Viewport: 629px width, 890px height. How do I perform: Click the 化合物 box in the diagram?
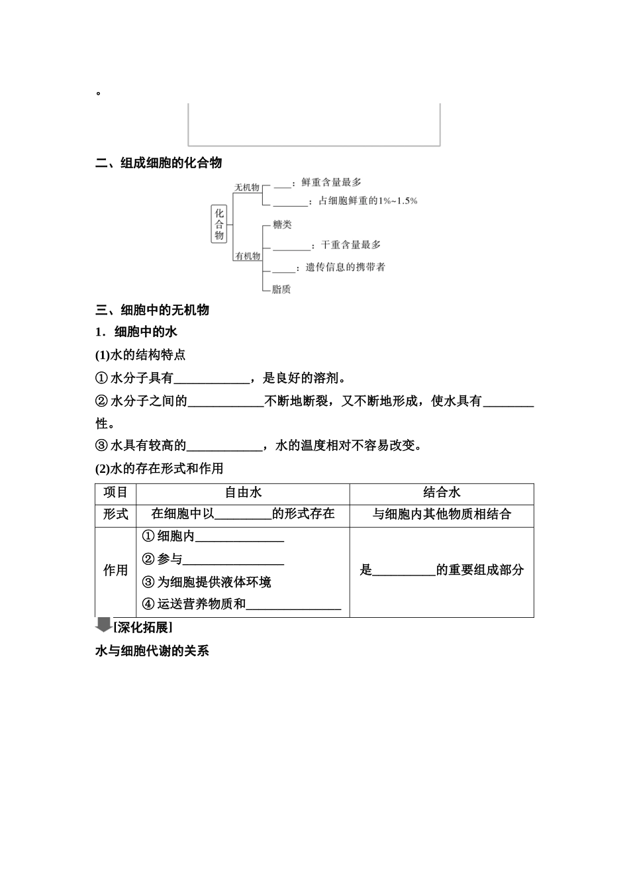(x=219, y=224)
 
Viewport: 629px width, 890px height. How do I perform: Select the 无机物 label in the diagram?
(x=247, y=187)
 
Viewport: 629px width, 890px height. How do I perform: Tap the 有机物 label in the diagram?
(x=248, y=256)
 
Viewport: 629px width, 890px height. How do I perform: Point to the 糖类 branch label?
(x=282, y=224)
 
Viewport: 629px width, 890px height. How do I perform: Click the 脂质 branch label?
(x=281, y=289)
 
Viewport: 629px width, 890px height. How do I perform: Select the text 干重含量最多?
(x=351, y=244)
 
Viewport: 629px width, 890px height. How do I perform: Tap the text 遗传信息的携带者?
(x=345, y=267)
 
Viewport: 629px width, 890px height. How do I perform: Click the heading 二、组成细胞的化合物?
(x=159, y=163)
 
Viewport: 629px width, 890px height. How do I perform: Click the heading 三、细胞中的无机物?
(x=153, y=310)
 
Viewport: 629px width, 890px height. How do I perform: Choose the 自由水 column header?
(x=243, y=492)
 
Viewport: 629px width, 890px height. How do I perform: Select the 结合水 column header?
(x=442, y=492)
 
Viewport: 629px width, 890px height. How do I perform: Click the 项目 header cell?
(x=116, y=492)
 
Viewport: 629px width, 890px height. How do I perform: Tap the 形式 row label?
(x=116, y=514)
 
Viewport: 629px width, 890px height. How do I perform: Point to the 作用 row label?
(x=116, y=570)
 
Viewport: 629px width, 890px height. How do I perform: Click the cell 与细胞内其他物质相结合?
(x=442, y=514)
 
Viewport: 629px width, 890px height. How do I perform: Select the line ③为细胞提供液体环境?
(x=207, y=582)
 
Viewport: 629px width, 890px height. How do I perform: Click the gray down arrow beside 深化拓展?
(x=104, y=624)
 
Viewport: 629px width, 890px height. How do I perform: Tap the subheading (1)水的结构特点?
(x=140, y=355)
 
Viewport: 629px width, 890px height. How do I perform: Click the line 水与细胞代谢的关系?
(x=152, y=651)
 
